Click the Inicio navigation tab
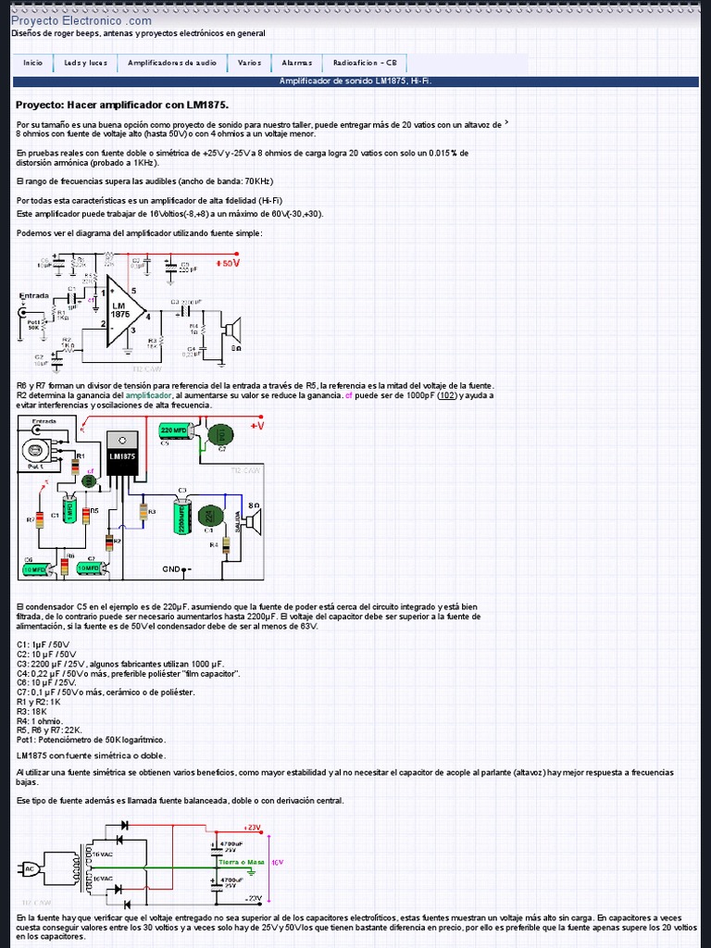pos(33,63)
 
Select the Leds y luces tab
pos(85,63)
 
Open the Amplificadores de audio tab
pos(172,63)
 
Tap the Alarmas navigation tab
pos(297,63)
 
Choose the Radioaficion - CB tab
pos(365,63)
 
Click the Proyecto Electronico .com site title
pos(81,20)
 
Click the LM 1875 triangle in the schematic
pos(123,311)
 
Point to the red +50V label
pos(228,263)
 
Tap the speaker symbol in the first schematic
pos(232,330)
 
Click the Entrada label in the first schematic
pos(34,295)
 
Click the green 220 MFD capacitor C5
pos(174,430)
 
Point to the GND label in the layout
pos(171,568)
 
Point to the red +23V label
pos(253,827)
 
